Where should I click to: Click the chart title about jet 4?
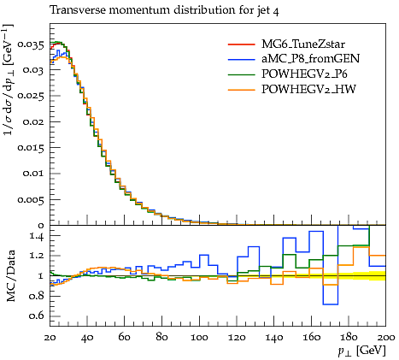(x=164, y=10)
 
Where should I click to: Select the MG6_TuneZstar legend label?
(x=303, y=44)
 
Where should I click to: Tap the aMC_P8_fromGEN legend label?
(x=310, y=59)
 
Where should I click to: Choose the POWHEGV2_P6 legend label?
(x=304, y=74)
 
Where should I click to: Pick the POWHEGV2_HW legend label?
(x=308, y=90)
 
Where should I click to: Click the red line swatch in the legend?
(x=241, y=44)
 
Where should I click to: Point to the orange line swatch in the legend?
(x=241, y=90)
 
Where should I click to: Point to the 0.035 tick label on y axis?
(x=31, y=44)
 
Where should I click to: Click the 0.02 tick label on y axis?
(x=33, y=122)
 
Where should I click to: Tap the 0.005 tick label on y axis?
(x=31, y=199)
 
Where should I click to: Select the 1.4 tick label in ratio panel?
(x=37, y=236)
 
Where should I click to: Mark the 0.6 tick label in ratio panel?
(x=37, y=316)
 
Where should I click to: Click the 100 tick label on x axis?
(x=199, y=338)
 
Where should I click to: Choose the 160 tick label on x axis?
(x=311, y=338)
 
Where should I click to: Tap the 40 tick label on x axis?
(x=87, y=338)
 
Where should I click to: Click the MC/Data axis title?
(x=10, y=276)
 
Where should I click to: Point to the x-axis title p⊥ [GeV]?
(x=361, y=351)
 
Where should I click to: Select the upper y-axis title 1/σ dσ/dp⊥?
(x=9, y=80)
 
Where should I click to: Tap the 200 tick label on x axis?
(x=386, y=338)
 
